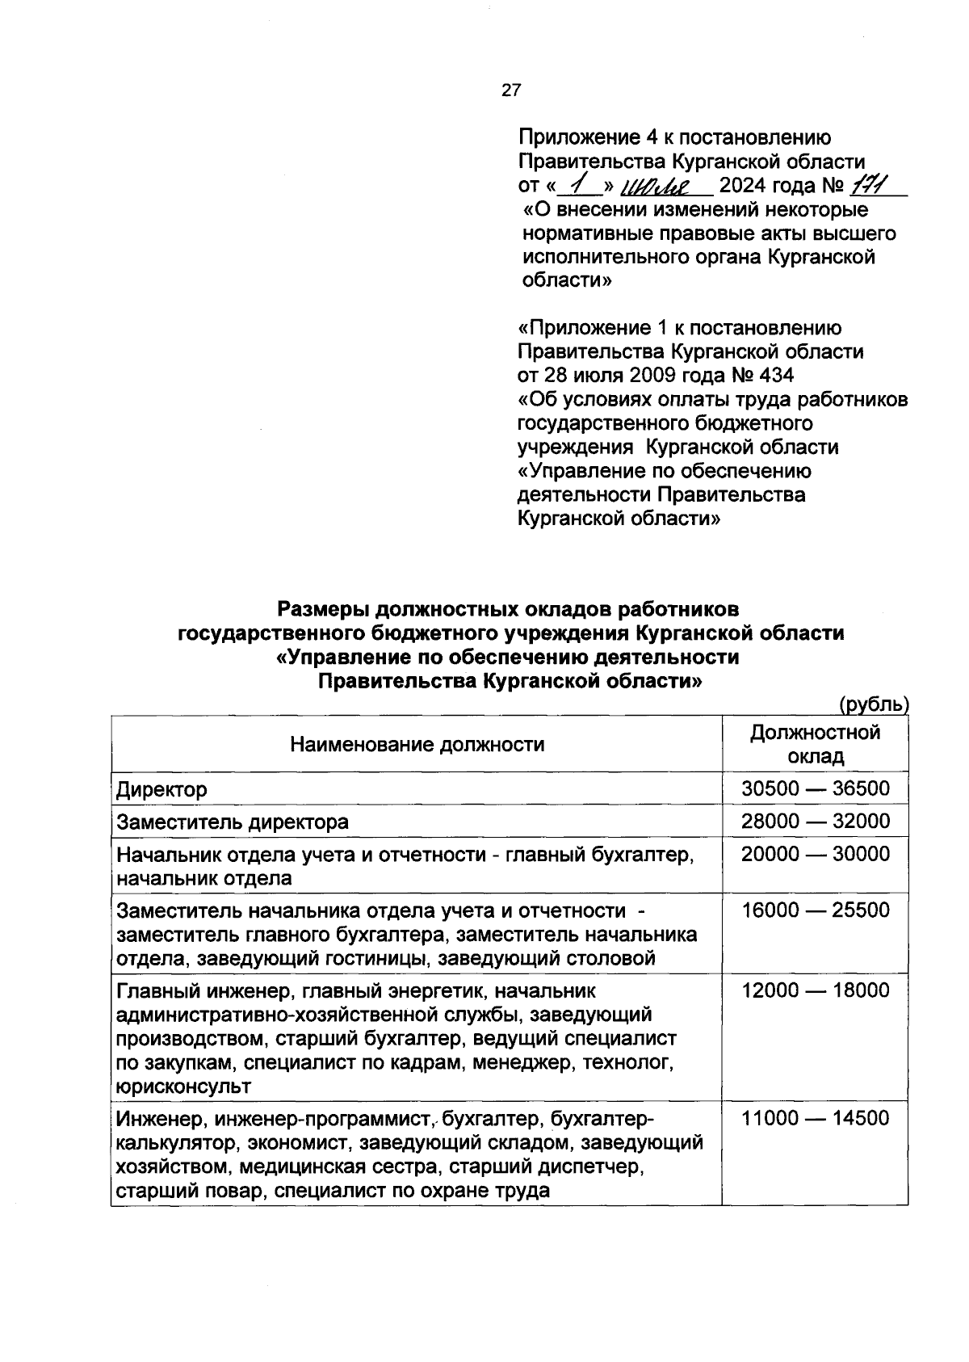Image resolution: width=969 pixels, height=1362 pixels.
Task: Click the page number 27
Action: click(511, 90)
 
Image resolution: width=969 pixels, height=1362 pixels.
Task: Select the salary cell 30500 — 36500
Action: click(816, 789)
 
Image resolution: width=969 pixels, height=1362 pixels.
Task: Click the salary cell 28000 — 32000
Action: click(816, 822)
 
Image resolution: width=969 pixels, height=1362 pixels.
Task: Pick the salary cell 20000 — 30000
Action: click(816, 855)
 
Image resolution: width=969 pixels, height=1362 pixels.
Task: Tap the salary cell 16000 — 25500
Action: click(816, 910)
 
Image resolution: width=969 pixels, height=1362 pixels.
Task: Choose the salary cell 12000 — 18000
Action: click(816, 990)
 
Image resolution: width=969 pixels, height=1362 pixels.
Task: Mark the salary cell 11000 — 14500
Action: click(816, 1119)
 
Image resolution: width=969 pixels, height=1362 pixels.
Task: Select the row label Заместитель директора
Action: click(233, 822)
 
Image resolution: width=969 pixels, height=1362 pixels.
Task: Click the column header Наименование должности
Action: click(417, 744)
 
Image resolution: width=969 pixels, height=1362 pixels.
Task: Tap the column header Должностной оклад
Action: click(816, 744)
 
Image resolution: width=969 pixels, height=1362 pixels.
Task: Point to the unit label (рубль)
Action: click(874, 704)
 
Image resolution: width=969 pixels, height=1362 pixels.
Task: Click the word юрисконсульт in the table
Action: click(183, 1087)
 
